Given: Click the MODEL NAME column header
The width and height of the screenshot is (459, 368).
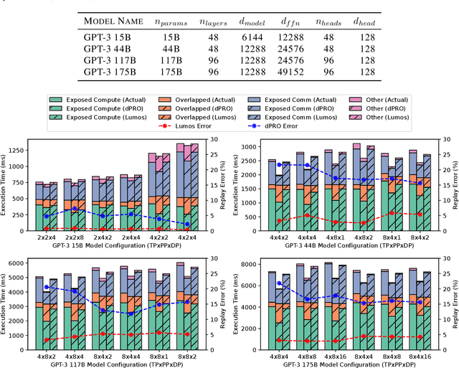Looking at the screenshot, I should click(x=117, y=23).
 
